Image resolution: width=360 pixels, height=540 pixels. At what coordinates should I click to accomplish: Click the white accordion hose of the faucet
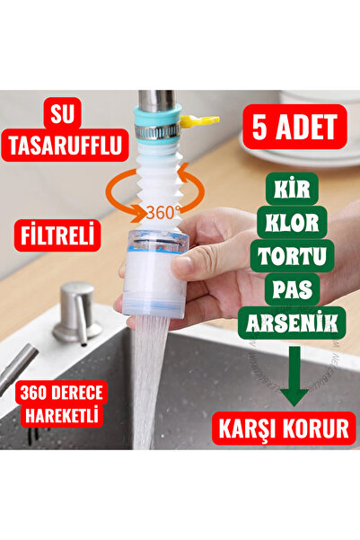coord(162,180)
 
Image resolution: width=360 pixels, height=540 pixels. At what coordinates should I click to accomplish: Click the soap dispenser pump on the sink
coord(77,309)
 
